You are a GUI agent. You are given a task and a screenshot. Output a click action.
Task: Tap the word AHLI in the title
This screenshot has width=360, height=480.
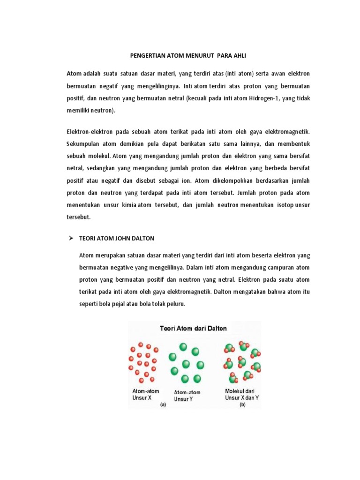click(238, 56)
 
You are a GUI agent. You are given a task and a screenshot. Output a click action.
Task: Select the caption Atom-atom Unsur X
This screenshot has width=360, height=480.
click(146, 394)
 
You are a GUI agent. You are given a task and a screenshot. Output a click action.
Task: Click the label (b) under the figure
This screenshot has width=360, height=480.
click(243, 404)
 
